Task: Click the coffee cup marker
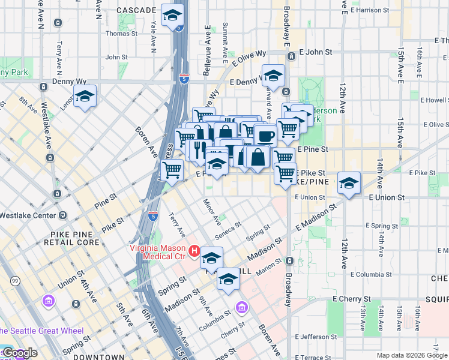click(265, 135)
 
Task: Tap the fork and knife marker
click(196, 148)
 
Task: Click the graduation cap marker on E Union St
click(348, 183)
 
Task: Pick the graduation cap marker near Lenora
click(85, 96)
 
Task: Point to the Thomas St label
click(122, 34)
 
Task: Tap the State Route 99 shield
click(16, 281)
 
